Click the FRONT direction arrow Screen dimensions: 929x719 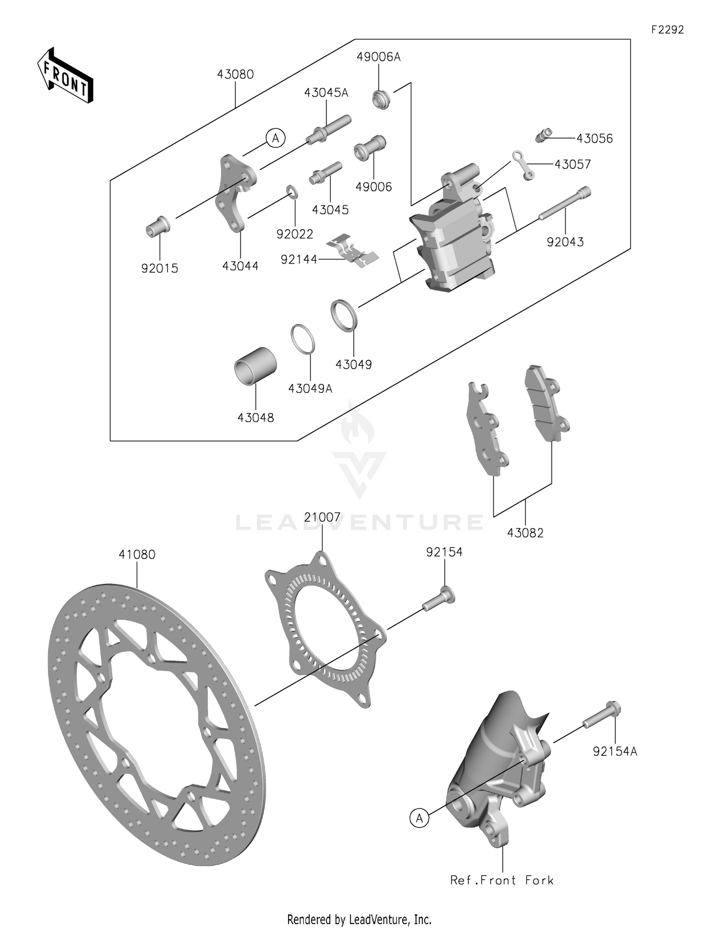(x=65, y=75)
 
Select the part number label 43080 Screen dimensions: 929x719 (x=235, y=74)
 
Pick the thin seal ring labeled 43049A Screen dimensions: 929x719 (x=303, y=339)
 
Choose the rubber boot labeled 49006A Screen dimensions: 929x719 (x=381, y=99)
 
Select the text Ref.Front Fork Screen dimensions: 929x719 (x=502, y=880)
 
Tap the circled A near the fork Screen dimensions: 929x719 (x=419, y=819)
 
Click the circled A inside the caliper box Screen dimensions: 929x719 (x=275, y=138)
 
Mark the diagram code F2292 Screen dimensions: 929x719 (x=667, y=30)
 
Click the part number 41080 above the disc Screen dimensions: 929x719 (x=137, y=555)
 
